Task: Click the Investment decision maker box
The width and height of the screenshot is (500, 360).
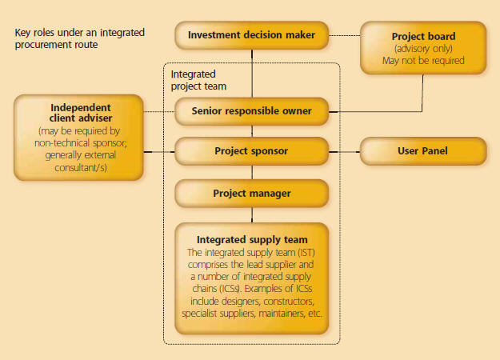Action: click(x=251, y=35)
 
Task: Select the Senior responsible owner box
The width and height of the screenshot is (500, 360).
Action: click(x=251, y=111)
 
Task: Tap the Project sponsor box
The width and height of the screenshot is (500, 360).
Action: click(x=251, y=151)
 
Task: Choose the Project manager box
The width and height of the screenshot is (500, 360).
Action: click(x=251, y=194)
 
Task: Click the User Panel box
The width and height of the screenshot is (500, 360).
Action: click(x=423, y=151)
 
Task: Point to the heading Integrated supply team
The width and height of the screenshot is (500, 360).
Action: click(x=252, y=239)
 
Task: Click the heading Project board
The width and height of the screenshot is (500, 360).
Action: click(x=423, y=36)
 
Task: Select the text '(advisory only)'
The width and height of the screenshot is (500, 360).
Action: click(x=423, y=49)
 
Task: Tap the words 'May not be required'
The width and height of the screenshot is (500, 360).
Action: click(x=423, y=61)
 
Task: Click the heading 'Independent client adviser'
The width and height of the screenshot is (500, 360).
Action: click(x=81, y=113)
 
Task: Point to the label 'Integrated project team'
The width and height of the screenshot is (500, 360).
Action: click(x=198, y=80)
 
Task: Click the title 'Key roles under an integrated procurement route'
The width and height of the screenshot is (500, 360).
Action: click(x=80, y=38)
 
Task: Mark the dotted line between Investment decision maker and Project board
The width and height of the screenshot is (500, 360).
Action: click(x=344, y=35)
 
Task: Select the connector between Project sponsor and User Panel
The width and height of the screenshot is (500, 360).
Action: click(x=344, y=152)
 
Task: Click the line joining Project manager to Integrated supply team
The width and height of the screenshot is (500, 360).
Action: click(x=252, y=215)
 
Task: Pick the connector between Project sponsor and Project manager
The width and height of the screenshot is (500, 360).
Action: click(x=252, y=172)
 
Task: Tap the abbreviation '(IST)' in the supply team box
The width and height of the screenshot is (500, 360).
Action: click(x=306, y=253)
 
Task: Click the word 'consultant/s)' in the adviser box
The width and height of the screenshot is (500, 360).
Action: click(x=81, y=167)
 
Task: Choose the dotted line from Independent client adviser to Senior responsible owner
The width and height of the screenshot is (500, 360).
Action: click(x=159, y=112)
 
